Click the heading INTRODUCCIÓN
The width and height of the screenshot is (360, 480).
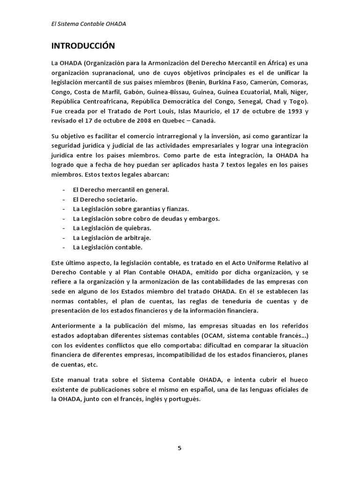[83, 46]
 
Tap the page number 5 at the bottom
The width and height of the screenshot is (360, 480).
[180, 448]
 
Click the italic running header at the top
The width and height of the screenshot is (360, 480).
[89, 24]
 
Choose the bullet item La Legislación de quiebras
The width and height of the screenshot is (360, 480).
[112, 228]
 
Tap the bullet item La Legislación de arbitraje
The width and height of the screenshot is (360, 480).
[112, 237]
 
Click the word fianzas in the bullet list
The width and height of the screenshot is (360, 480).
[178, 209]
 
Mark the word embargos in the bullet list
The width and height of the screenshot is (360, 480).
[205, 218]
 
